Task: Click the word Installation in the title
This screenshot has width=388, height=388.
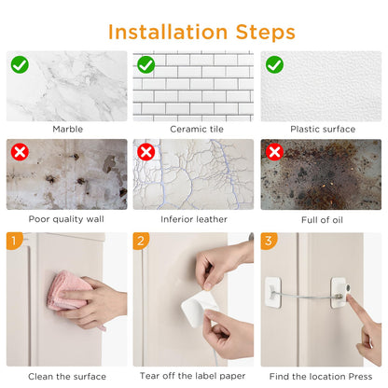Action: [168, 32]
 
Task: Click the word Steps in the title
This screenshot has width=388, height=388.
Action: [266, 33]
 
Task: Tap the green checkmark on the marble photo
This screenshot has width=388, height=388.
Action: [20, 64]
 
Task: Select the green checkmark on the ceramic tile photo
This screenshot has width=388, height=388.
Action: [146, 64]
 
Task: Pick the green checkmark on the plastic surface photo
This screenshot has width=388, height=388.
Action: [274, 64]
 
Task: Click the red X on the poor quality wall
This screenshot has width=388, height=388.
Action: [20, 152]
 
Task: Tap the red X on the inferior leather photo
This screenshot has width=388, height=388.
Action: [146, 152]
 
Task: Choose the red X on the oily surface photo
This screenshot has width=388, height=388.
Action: [274, 152]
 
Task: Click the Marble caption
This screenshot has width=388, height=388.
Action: [68, 129]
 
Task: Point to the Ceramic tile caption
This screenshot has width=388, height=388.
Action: [197, 129]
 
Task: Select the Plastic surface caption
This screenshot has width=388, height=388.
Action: [323, 129]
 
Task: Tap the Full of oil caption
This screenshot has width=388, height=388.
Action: [322, 220]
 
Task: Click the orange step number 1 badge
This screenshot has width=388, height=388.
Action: [14, 241]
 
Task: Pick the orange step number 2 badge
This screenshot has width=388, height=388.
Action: [141, 241]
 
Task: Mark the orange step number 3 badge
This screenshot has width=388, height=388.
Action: [269, 241]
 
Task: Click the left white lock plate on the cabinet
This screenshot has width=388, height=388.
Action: [273, 293]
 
